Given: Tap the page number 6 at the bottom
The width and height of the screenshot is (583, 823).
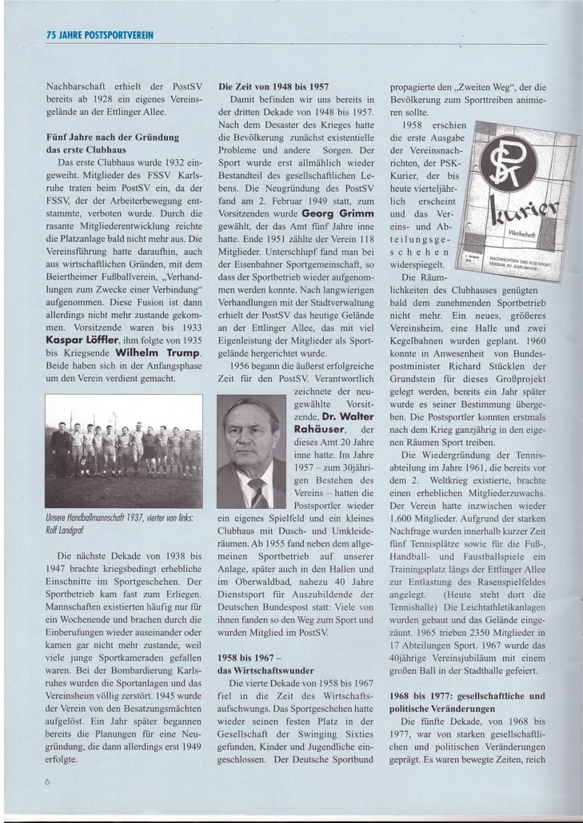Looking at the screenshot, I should (48, 782).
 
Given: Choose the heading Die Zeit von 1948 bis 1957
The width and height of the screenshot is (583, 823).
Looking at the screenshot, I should (273, 85).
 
